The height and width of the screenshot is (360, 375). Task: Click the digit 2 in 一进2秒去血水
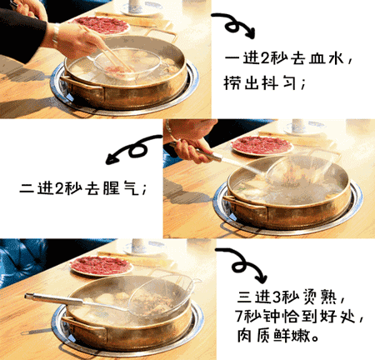click(x=265, y=58)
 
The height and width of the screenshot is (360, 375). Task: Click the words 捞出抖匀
click(x=259, y=82)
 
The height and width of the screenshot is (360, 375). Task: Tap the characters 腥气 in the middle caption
click(x=120, y=187)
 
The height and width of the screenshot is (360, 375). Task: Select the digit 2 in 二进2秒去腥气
click(x=59, y=188)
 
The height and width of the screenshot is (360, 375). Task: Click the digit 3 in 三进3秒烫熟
click(x=277, y=297)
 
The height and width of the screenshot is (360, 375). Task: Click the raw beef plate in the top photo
click(x=102, y=26)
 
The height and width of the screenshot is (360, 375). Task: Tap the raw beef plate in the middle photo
click(x=262, y=145)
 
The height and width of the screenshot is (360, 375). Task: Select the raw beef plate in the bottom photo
click(x=101, y=265)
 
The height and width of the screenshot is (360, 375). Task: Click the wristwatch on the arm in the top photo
click(x=56, y=35)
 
